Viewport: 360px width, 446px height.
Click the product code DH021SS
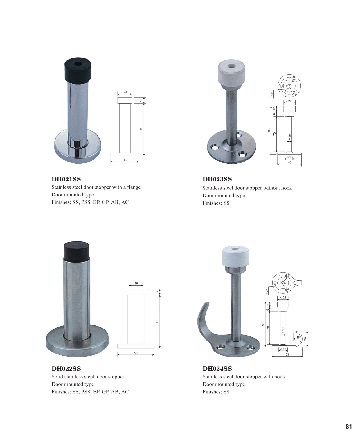pyautogui.click(x=66, y=179)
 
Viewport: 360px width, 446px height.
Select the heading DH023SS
pyautogui.click(x=217, y=179)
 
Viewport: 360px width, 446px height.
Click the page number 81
pyautogui.click(x=349, y=427)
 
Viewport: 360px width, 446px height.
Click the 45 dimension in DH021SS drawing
pyautogui.click(x=125, y=160)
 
